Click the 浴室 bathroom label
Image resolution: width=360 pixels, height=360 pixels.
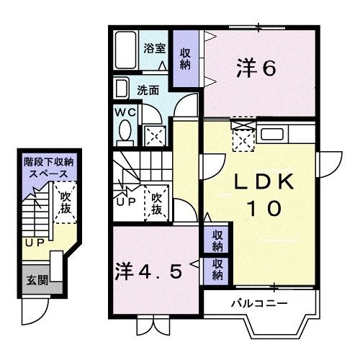(x=154, y=48)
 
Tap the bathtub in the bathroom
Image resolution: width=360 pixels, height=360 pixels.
(x=125, y=50)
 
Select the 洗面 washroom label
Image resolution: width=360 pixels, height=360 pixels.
(x=148, y=91)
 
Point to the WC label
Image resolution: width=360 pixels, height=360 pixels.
(x=125, y=112)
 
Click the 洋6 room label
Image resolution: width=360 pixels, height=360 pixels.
(x=256, y=68)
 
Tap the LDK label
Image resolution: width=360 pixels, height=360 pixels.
(x=264, y=181)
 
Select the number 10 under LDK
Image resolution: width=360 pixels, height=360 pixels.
(x=264, y=208)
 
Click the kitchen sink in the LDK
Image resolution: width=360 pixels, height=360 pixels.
(x=272, y=134)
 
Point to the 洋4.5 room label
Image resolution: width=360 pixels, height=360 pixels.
(x=148, y=271)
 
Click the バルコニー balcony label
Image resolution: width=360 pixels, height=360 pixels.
(x=259, y=304)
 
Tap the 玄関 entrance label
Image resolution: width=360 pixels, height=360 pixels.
(x=37, y=280)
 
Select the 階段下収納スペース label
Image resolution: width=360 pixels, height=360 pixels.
(x=48, y=168)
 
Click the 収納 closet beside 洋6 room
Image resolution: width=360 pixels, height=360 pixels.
(x=185, y=58)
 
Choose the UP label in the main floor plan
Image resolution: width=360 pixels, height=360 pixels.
(x=126, y=202)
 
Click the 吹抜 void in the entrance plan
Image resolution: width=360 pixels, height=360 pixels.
(x=66, y=203)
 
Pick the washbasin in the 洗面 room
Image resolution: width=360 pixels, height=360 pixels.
(x=121, y=89)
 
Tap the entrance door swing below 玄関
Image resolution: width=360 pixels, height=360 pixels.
(x=35, y=311)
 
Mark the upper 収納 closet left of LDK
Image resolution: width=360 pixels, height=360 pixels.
(x=217, y=240)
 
